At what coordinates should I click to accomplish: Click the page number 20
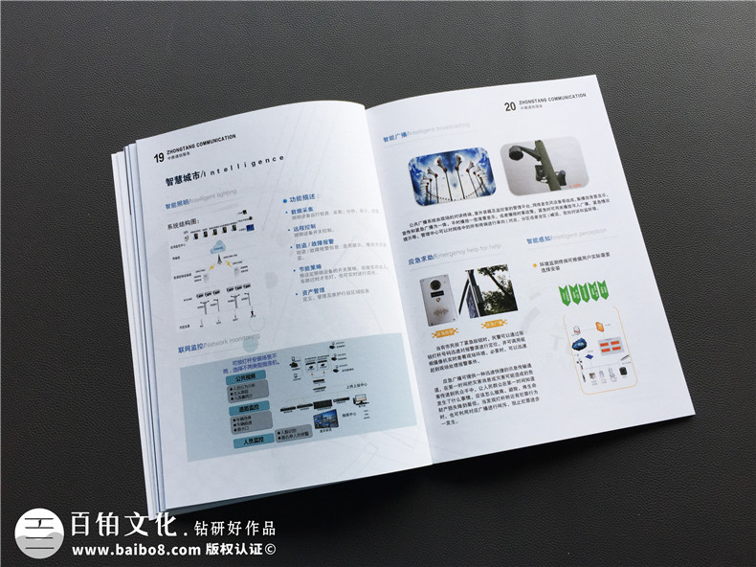(509, 106)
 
